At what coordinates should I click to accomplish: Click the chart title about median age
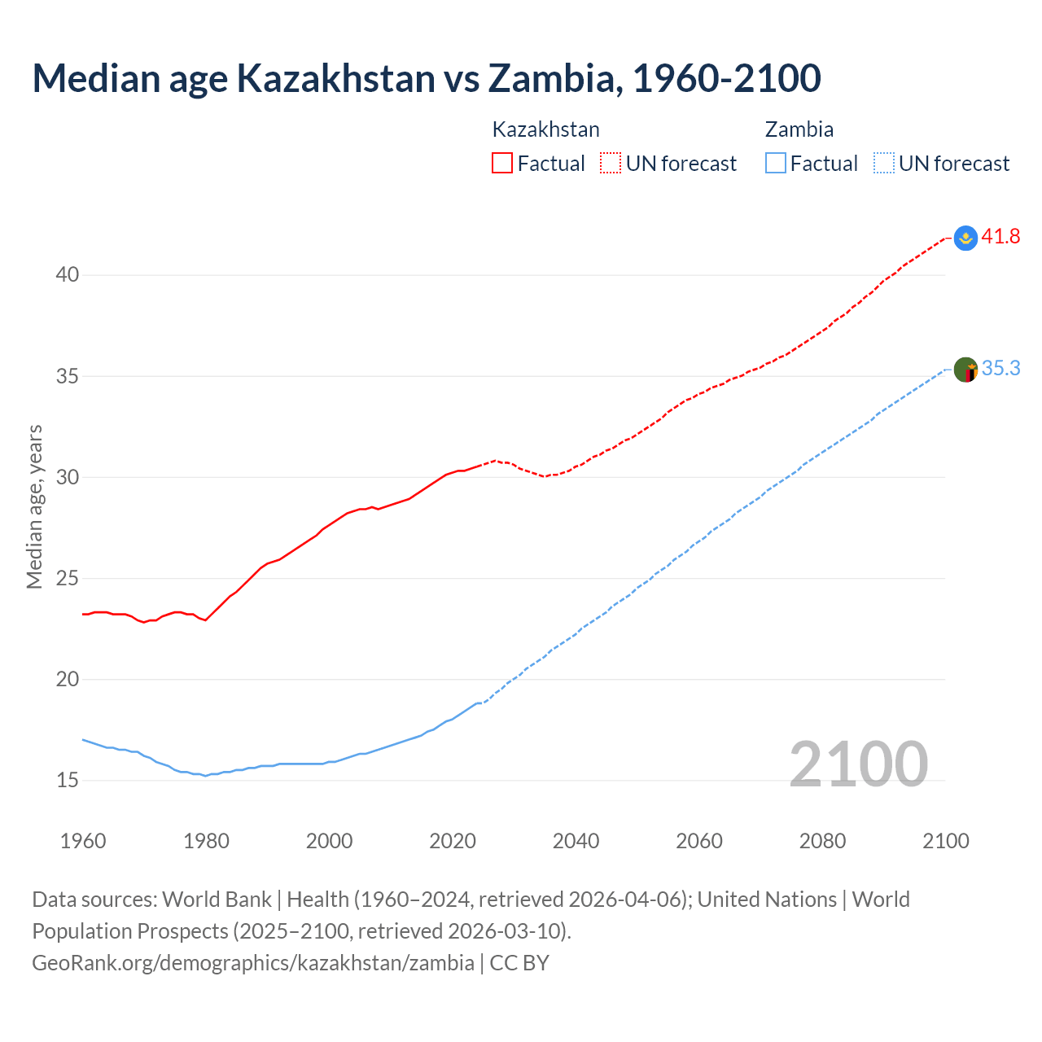pyautogui.click(x=427, y=78)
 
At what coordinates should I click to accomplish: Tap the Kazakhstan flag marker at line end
pyautogui.click(x=965, y=238)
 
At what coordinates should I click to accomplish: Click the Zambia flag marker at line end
pyautogui.click(x=965, y=370)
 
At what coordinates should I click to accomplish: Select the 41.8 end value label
pyautogui.click(x=1000, y=237)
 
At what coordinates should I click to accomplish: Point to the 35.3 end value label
pyautogui.click(x=1000, y=369)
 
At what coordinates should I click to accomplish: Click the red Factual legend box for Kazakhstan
pyautogui.click(x=502, y=164)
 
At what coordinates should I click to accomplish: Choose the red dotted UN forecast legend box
pyautogui.click(x=611, y=164)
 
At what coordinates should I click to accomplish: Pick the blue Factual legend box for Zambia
pyautogui.click(x=776, y=164)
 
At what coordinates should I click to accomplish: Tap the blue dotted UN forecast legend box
pyautogui.click(x=884, y=164)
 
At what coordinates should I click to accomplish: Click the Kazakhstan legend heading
pyautogui.click(x=545, y=129)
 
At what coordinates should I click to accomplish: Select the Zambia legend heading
pyautogui.click(x=799, y=129)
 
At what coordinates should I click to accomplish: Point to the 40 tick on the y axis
pyautogui.click(x=68, y=275)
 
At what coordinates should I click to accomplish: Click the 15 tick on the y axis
pyautogui.click(x=68, y=781)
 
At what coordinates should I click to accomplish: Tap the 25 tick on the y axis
pyautogui.click(x=68, y=579)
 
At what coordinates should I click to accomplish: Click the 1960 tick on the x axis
pyautogui.click(x=83, y=841)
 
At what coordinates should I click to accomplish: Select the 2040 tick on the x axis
pyautogui.click(x=576, y=841)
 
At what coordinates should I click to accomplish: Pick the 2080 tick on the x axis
pyautogui.click(x=822, y=841)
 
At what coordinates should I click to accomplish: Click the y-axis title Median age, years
pyautogui.click(x=34, y=506)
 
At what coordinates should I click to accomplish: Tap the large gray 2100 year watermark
pyautogui.click(x=858, y=764)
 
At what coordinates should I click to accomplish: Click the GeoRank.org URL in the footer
pyautogui.click(x=253, y=963)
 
